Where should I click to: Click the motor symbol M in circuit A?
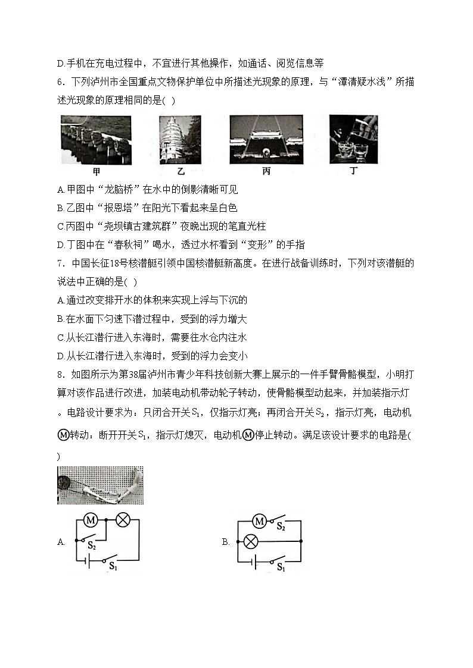coord(91,520)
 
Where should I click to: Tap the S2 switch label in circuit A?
coord(92,545)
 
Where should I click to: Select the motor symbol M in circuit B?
coord(259,522)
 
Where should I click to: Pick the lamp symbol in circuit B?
coord(251,541)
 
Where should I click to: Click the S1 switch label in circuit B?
coord(280,568)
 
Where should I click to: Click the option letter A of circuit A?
coord(61,542)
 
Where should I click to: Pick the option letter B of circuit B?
coord(226,542)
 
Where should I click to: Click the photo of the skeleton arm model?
coord(100,485)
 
